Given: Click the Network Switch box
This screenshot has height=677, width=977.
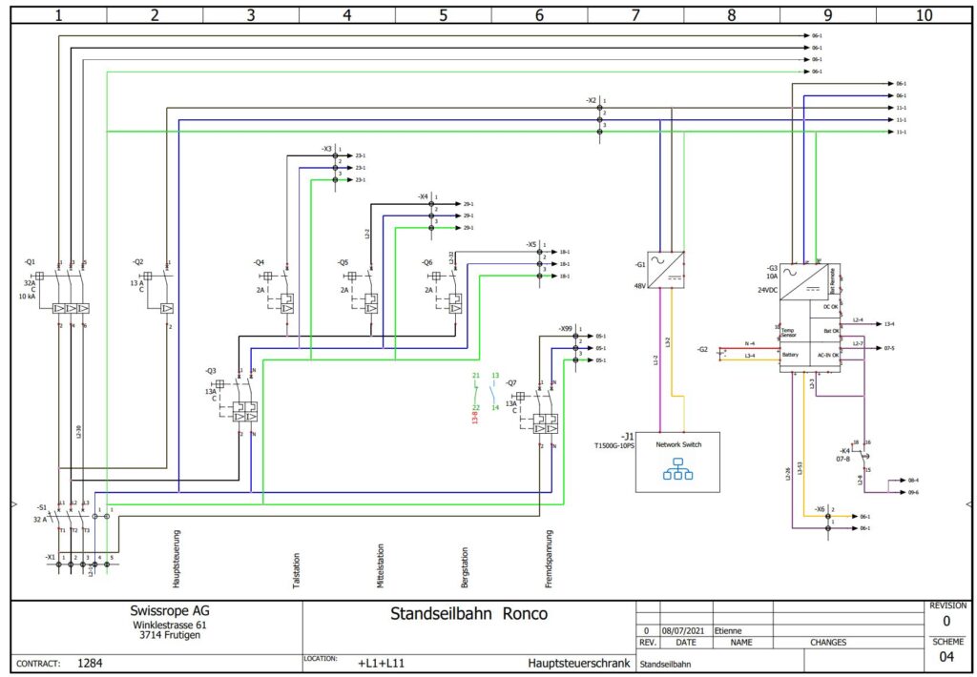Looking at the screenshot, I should (x=677, y=462).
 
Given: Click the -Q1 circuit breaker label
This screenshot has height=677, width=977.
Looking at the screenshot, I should (x=30, y=261).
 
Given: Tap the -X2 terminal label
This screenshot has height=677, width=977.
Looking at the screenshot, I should (x=592, y=100).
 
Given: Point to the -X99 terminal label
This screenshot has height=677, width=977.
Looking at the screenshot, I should (x=566, y=328).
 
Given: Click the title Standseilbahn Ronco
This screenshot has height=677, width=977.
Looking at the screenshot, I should (x=468, y=614).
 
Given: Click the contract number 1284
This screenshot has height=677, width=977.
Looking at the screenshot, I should (x=90, y=662).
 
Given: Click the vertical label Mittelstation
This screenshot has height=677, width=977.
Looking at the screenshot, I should (x=381, y=566).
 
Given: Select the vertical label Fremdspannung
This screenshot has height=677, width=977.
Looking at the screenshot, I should (x=550, y=559).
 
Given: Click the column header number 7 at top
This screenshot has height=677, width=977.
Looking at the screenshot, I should (x=635, y=15).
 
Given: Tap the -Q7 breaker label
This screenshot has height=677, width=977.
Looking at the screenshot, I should (x=511, y=382).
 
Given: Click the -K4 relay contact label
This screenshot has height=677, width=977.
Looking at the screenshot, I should (x=844, y=450).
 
